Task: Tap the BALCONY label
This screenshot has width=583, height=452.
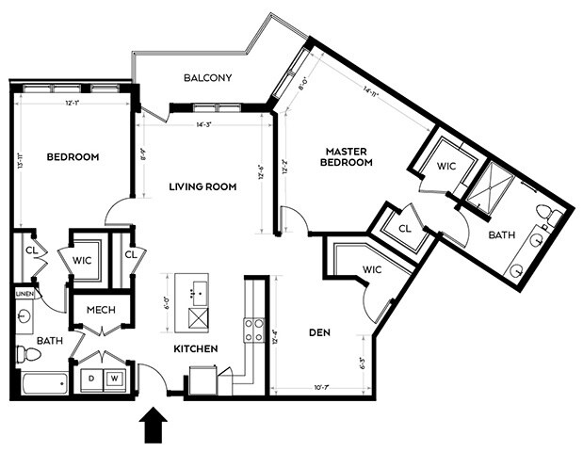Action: pyautogui.click(x=207, y=78)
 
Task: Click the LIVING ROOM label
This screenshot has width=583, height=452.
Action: pyautogui.click(x=202, y=186)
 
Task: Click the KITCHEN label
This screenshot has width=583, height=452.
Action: pyautogui.click(x=196, y=349)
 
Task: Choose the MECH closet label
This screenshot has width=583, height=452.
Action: pyautogui.click(x=101, y=311)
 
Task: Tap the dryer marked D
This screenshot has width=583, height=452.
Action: pyautogui.click(x=91, y=377)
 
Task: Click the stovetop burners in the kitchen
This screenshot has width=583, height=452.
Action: pyautogui.click(x=253, y=330)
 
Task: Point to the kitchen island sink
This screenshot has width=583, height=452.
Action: pyautogui.click(x=196, y=288)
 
